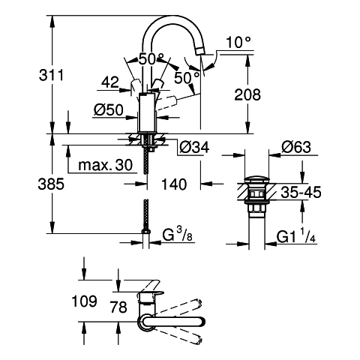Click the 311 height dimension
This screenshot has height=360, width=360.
51,75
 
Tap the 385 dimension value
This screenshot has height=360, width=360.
51,184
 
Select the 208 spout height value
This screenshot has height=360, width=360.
247,94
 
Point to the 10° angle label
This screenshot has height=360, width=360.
238,42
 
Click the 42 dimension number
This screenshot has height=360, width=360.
110,82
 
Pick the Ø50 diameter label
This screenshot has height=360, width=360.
109,110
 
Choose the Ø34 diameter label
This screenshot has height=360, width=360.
194,147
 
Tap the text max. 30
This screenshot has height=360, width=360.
105,165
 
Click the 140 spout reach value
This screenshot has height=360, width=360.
174,184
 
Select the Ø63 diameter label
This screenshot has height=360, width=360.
296,147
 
